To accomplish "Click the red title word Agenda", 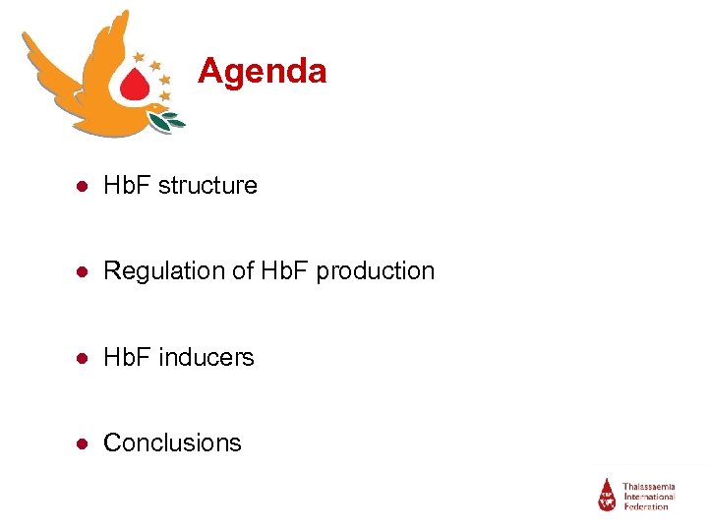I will point(262,71).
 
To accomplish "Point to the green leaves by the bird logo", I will point(168,121).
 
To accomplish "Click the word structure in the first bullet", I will point(213,185).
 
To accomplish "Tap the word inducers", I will point(207,357).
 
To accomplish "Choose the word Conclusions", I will point(172,442).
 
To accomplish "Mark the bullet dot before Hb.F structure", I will point(86,186).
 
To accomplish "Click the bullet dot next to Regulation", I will point(86,271).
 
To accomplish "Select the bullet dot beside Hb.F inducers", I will point(86,358).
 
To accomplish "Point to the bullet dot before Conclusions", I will point(86,443).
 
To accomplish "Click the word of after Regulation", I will point(242,270).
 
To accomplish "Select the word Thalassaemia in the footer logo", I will point(649,486).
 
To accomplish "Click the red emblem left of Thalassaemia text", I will point(608,494).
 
